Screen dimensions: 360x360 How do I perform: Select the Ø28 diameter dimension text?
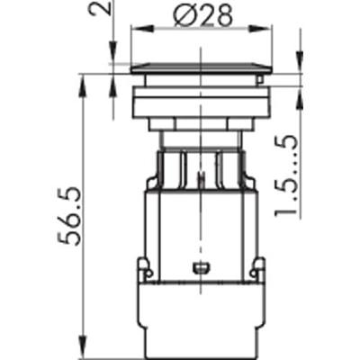click(202, 13)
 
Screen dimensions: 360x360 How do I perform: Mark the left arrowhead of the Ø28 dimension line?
click(135, 29)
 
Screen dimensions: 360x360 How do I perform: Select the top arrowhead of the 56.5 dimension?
click(83, 79)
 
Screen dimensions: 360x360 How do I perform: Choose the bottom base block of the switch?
click(200, 315)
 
